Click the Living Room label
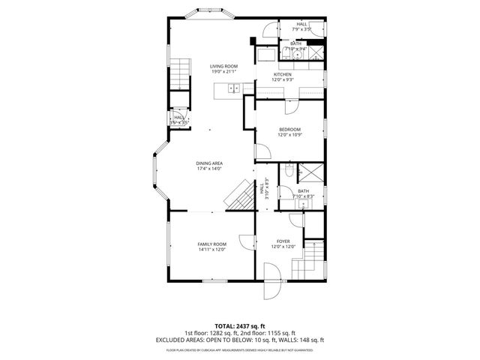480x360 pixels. [223, 67]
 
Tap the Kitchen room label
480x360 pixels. [282, 74]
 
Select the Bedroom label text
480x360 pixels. [289, 130]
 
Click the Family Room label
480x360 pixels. [211, 244]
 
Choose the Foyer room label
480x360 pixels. [283, 241]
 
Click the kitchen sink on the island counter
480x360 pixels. [233, 88]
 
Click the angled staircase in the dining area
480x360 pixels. [239, 197]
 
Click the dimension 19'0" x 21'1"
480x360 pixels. [223, 73]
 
